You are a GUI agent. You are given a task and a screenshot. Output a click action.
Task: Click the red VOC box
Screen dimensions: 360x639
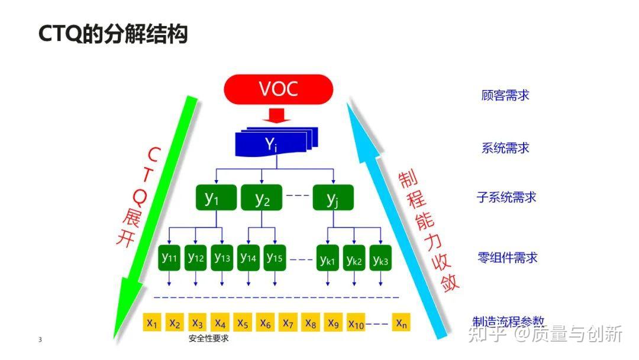pyautogui.click(x=278, y=90)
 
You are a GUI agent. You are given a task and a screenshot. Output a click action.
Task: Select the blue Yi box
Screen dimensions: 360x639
pyautogui.click(x=270, y=144)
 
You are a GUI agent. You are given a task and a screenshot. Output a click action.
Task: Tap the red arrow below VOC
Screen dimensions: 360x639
pyautogui.click(x=277, y=115)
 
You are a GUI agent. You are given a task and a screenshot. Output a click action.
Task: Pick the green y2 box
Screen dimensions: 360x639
pyautogui.click(x=262, y=198)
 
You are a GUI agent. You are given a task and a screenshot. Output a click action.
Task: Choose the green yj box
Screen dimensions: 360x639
pyautogui.click(x=333, y=198)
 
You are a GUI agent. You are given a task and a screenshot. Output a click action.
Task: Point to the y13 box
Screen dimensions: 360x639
pyautogui.click(x=222, y=258)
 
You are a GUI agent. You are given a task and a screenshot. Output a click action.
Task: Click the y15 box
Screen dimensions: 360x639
pyautogui.click(x=275, y=258)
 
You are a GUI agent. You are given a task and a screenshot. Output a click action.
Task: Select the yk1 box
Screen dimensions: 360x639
pyautogui.click(x=328, y=259)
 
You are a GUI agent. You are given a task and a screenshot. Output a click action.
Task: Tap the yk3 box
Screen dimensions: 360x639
pyautogui.click(x=380, y=259)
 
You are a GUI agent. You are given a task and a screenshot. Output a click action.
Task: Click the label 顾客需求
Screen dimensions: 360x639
pyautogui.click(x=505, y=95)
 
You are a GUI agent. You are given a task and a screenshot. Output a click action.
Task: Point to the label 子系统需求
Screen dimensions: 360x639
pyautogui.click(x=506, y=197)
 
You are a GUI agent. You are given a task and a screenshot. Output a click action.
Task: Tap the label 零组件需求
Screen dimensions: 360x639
pyautogui.click(x=507, y=258)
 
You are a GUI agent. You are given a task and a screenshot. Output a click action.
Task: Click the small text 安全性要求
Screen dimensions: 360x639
pyautogui.click(x=208, y=339)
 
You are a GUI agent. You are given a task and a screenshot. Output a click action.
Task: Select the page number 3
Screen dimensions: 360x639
pyautogui.click(x=40, y=339)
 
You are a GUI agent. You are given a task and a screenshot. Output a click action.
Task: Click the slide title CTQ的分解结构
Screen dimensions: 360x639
pyautogui.click(x=112, y=34)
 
